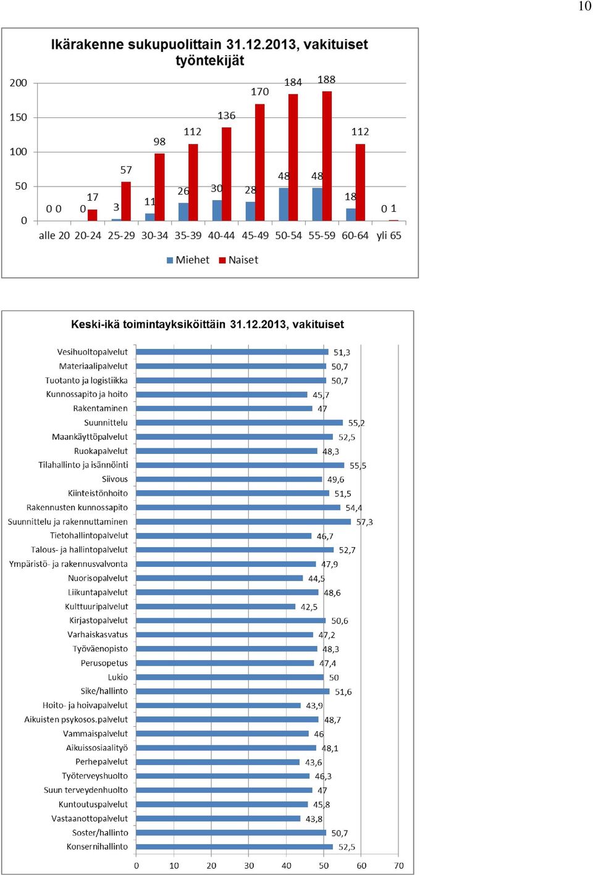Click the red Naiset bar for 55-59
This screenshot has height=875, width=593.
pyautogui.click(x=327, y=156)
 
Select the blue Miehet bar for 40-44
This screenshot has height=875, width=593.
pyautogui.click(x=217, y=211)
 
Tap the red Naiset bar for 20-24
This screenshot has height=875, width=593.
pyautogui.click(x=92, y=216)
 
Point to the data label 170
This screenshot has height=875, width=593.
pyautogui.click(x=260, y=92)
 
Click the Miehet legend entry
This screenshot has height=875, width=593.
pyautogui.click(x=188, y=260)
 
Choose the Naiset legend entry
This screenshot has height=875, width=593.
pyautogui.click(x=238, y=260)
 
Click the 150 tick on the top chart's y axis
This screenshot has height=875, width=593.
pyautogui.click(x=19, y=117)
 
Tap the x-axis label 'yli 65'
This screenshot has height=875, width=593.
pyautogui.click(x=389, y=235)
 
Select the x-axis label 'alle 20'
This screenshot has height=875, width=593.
pyautogui.click(x=54, y=235)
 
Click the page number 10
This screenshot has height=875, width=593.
pyautogui.click(x=585, y=6)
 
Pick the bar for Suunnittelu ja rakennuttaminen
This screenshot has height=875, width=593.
pyautogui.click(x=243, y=522)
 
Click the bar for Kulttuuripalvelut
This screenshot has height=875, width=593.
pyautogui.click(x=216, y=606)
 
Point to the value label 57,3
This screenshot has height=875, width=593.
pyautogui.click(x=364, y=522)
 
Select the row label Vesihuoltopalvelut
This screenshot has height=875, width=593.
pyautogui.click(x=93, y=352)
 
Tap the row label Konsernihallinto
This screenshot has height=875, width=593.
pyautogui.click(x=97, y=847)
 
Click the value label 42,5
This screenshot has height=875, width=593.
pyautogui.click(x=309, y=606)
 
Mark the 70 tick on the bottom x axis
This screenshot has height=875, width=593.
pyautogui.click(x=399, y=866)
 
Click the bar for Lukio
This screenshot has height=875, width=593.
pyautogui.click(x=230, y=677)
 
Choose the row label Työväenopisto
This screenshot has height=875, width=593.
pyautogui.click(x=101, y=649)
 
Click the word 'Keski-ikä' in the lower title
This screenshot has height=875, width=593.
pyautogui.click(x=95, y=324)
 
